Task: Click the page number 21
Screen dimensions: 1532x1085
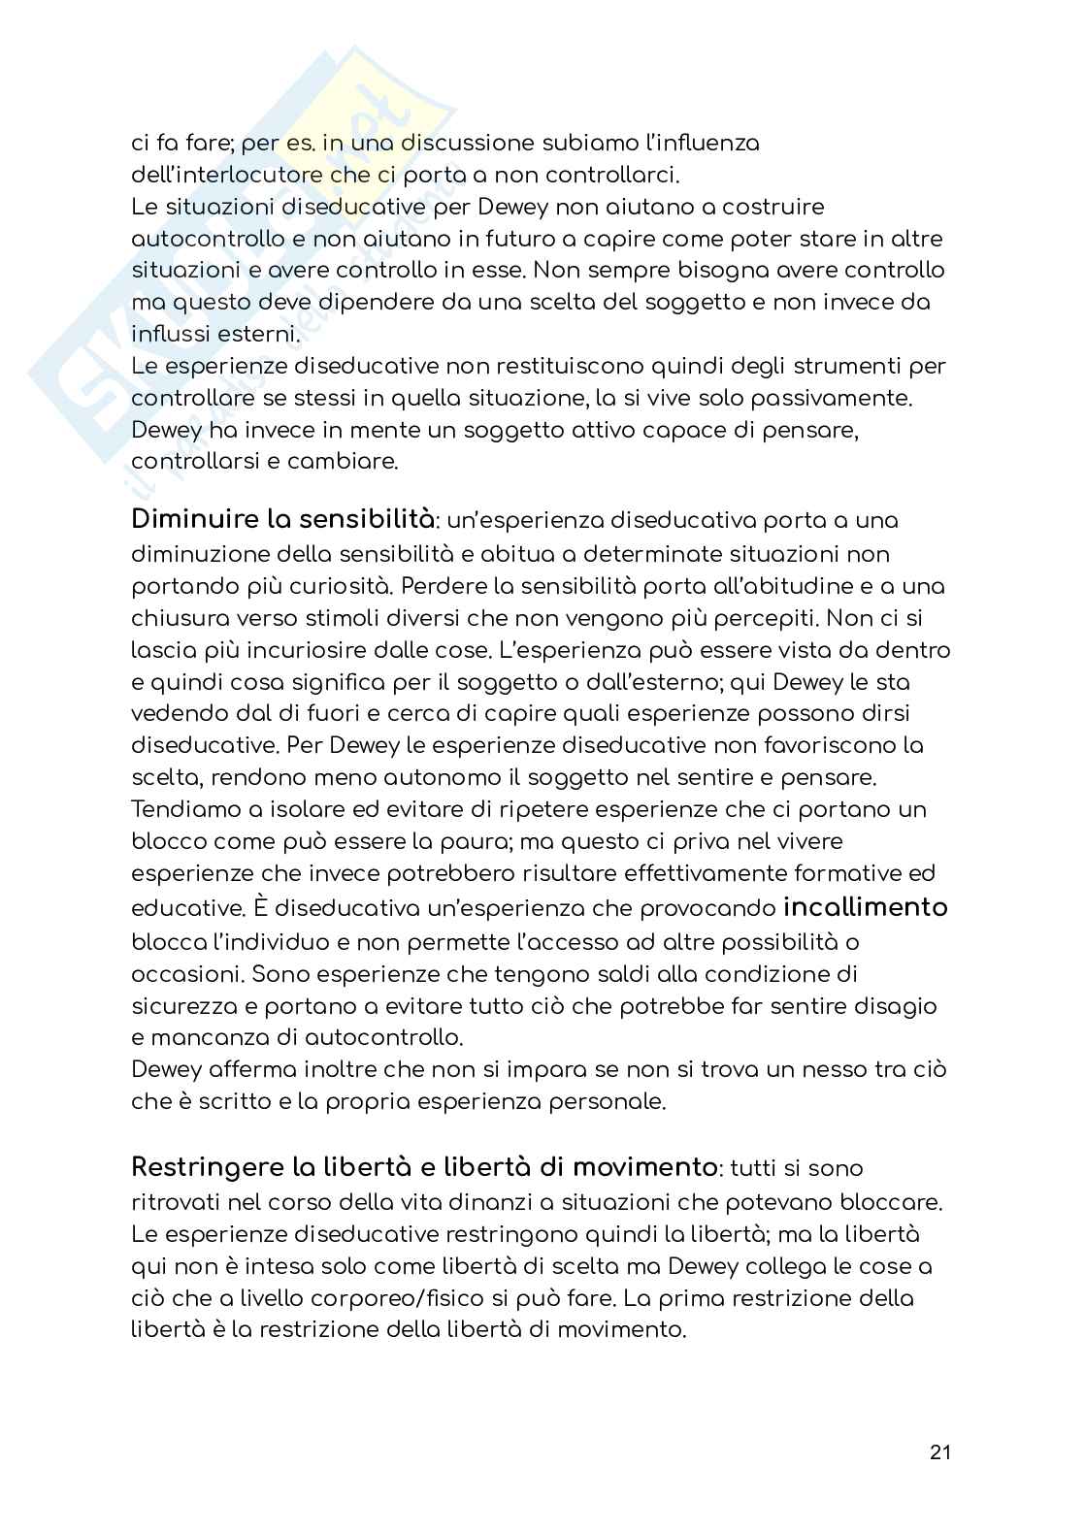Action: tap(939, 1452)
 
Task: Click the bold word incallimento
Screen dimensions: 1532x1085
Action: tap(865, 908)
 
